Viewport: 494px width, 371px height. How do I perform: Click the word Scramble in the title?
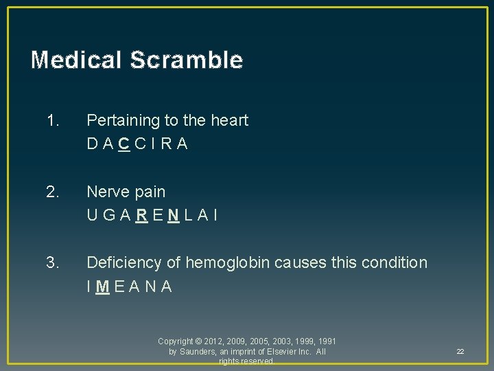click(x=185, y=60)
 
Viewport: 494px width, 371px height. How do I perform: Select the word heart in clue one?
click(x=230, y=121)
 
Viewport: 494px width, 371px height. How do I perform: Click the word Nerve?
click(x=106, y=192)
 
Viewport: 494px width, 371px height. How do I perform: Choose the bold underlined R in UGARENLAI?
click(x=140, y=215)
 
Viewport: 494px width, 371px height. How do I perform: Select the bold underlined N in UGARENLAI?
click(x=175, y=215)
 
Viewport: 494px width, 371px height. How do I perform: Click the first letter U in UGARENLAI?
click(x=92, y=215)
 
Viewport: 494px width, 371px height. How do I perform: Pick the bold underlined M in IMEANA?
click(x=102, y=286)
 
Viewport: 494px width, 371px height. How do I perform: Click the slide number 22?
click(x=460, y=352)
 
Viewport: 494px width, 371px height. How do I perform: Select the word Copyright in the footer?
click(x=176, y=341)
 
